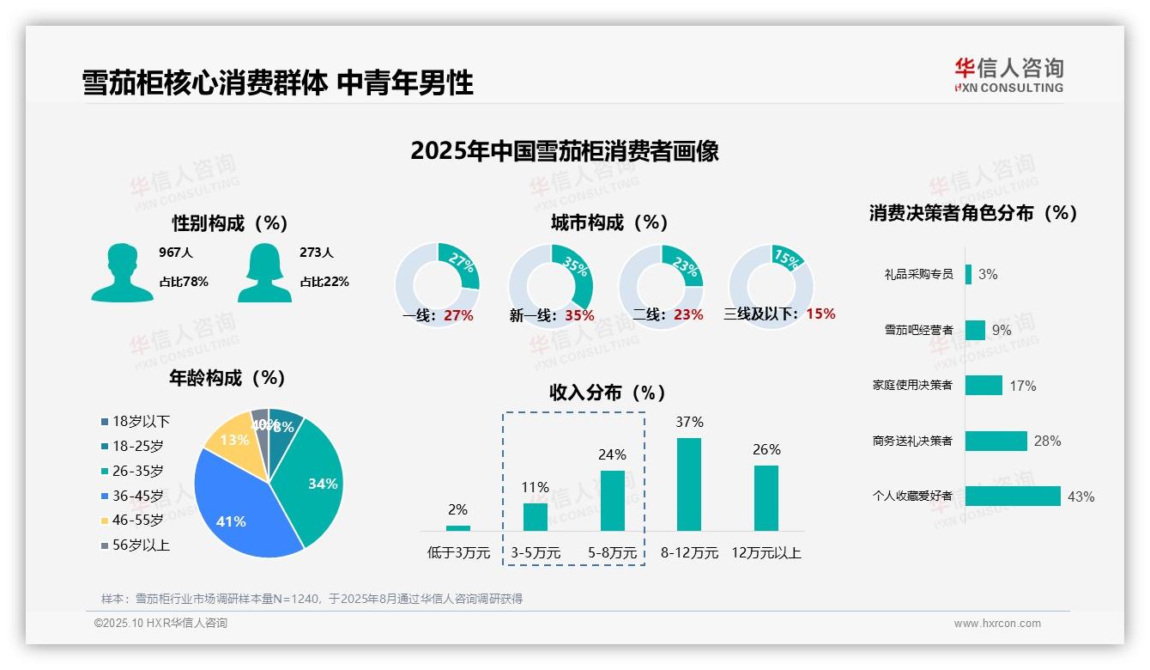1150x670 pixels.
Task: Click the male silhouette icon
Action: point(122,272)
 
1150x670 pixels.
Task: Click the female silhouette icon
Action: point(264,272)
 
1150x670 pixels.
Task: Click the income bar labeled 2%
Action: point(458,527)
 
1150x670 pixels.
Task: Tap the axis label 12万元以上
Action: point(766,552)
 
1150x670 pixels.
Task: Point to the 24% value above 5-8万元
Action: point(612,454)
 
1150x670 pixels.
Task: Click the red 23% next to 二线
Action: point(688,314)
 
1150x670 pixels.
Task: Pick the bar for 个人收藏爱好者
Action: point(1013,496)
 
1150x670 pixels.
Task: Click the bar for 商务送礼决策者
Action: point(996,441)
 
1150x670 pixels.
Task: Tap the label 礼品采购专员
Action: point(918,274)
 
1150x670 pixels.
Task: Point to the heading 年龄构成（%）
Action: point(227,377)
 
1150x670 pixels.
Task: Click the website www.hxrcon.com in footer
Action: point(997,624)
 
